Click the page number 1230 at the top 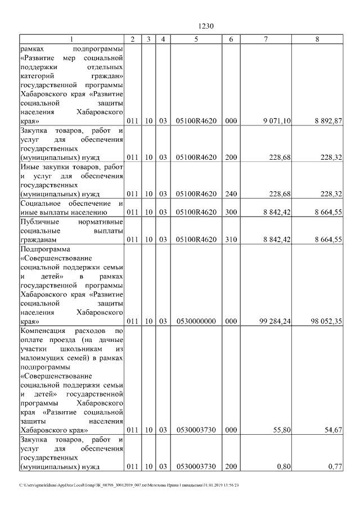(206, 26)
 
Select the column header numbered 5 (196, 39)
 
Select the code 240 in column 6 (231, 193)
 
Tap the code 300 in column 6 (231, 212)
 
